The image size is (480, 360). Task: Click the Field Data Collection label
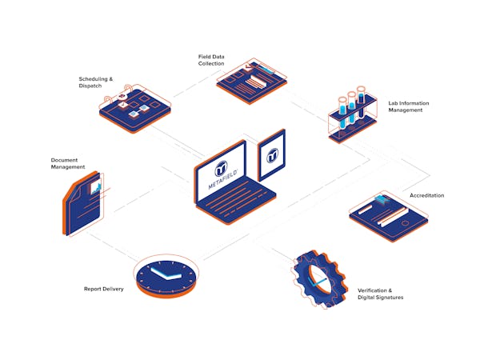[211, 60]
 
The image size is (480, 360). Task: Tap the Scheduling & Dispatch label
[96, 82]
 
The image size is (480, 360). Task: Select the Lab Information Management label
[409, 106]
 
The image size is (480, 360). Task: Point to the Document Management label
[68, 163]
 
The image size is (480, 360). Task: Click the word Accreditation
[426, 195]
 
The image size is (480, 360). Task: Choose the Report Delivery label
[104, 289]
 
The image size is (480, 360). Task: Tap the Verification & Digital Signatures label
[381, 294]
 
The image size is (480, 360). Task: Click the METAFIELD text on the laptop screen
[223, 180]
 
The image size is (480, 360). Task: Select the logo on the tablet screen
[272, 156]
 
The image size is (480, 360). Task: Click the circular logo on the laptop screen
[221, 168]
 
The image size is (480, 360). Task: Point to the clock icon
[166, 276]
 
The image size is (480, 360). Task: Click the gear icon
[319, 279]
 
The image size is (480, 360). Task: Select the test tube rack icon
[352, 114]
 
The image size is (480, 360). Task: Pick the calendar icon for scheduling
[135, 109]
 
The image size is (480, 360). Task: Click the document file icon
[83, 203]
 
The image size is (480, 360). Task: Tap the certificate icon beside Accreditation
[389, 216]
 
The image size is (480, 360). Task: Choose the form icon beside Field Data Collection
[252, 81]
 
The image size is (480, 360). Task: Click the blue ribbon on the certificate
[382, 199]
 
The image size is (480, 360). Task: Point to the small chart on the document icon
[95, 187]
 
